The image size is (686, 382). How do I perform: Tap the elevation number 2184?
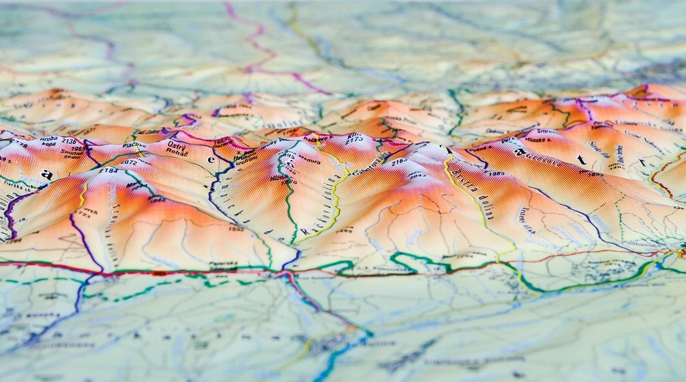click(x=108, y=170)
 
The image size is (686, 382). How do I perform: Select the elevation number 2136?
click(x=69, y=141)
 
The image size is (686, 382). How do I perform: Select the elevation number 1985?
click(x=496, y=174)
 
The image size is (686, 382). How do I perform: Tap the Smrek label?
click(x=547, y=132)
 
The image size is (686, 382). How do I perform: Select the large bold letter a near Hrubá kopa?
click(x=47, y=174)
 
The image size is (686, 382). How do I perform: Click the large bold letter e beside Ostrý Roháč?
click(x=211, y=160)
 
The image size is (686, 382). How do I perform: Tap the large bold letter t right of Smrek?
click(x=582, y=160)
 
